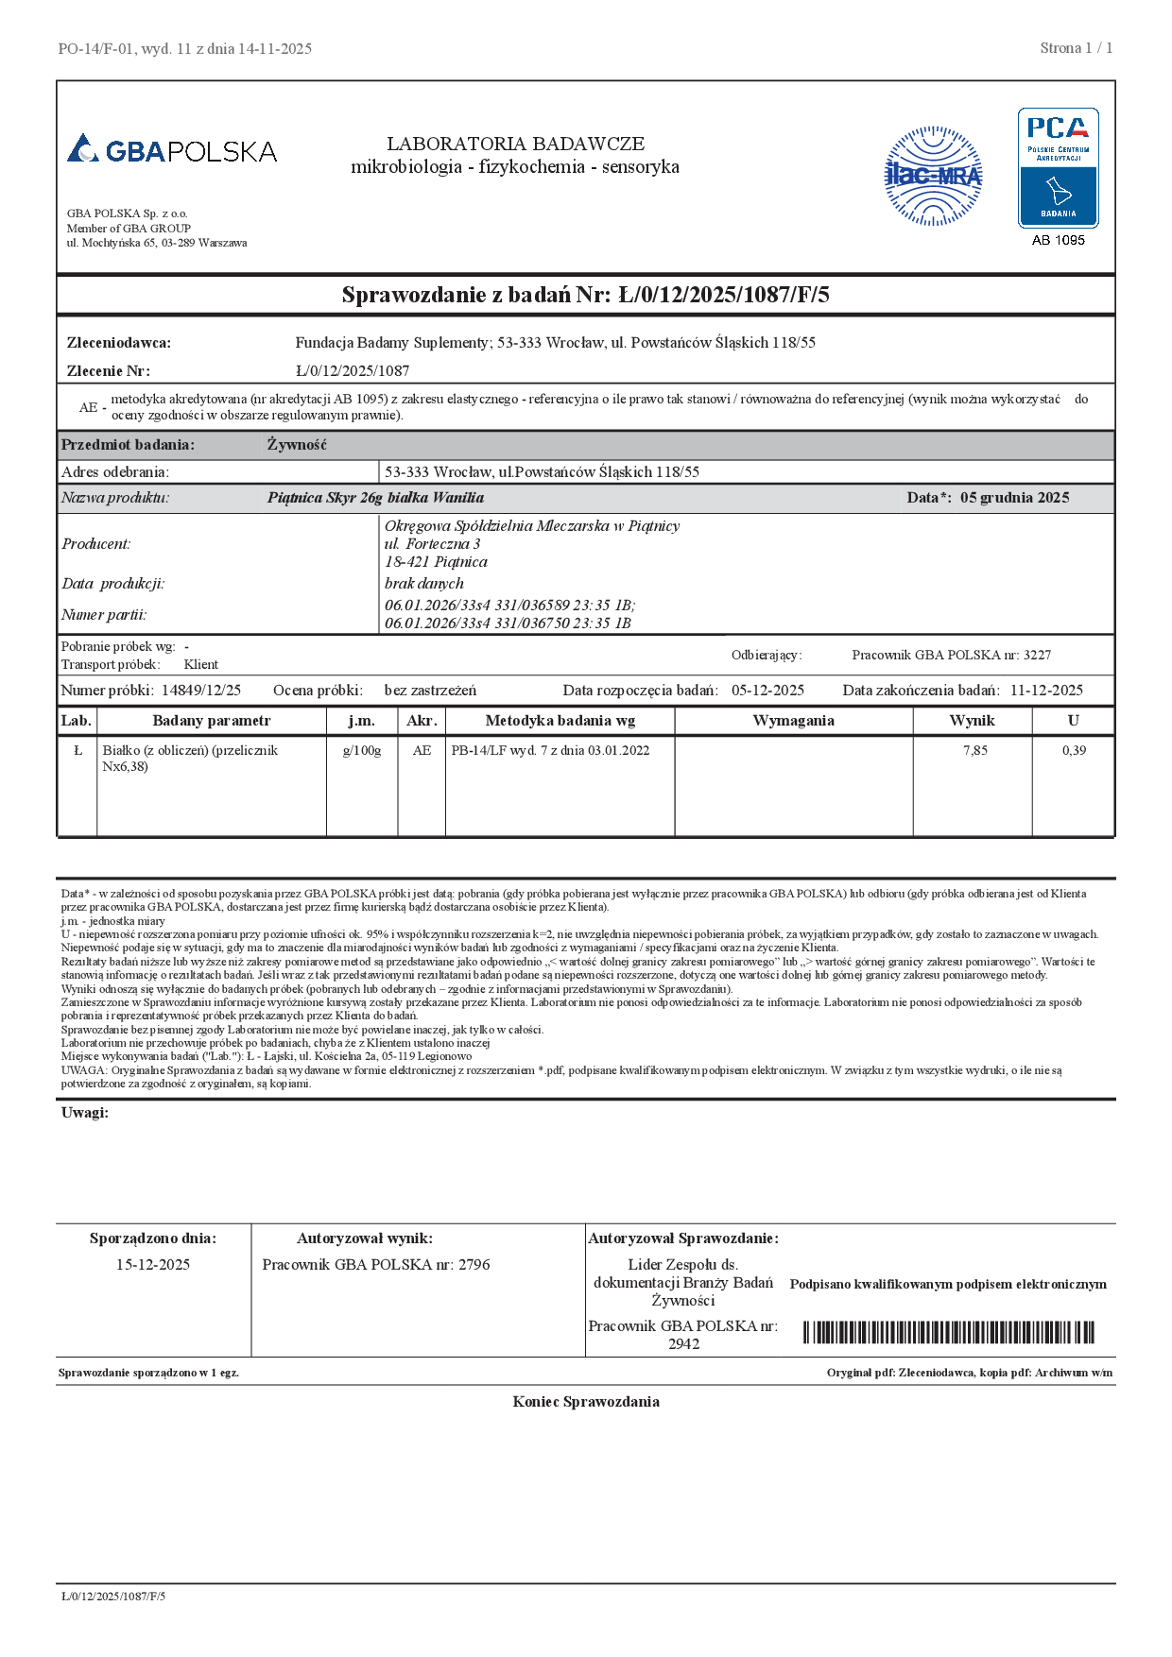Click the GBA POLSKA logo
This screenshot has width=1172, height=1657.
tap(172, 149)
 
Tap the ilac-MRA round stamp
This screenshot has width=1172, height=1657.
tap(933, 176)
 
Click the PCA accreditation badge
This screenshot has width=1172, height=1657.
tap(1058, 167)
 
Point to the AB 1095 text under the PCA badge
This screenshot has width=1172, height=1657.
tap(1058, 240)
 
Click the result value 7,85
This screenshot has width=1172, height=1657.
tap(974, 750)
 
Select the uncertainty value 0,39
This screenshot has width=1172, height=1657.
tap(1074, 750)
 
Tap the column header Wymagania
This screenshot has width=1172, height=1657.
tap(793, 721)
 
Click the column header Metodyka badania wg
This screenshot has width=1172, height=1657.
tap(560, 721)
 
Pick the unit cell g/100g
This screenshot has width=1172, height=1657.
tap(361, 750)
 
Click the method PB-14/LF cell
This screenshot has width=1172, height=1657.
tap(550, 750)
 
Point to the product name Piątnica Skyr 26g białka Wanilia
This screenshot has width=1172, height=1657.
tap(375, 498)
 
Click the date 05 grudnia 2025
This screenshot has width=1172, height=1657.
tap(1014, 498)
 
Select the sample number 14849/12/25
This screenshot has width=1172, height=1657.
tap(201, 691)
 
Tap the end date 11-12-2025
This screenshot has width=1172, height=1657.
tap(1046, 691)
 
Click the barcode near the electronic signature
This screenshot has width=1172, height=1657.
tap(948, 1333)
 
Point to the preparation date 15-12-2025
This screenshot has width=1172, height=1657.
tap(153, 1265)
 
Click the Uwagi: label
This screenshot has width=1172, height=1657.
tap(85, 1113)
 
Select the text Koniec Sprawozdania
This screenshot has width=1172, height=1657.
tap(586, 1402)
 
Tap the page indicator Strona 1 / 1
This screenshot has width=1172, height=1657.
tap(1076, 48)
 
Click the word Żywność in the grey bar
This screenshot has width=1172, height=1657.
tap(297, 445)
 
